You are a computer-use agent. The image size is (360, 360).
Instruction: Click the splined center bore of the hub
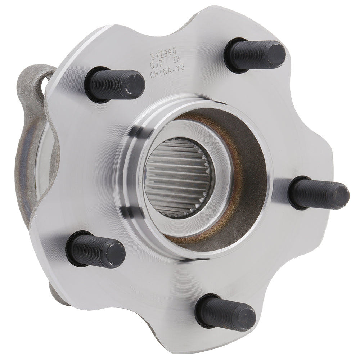[180, 180]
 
